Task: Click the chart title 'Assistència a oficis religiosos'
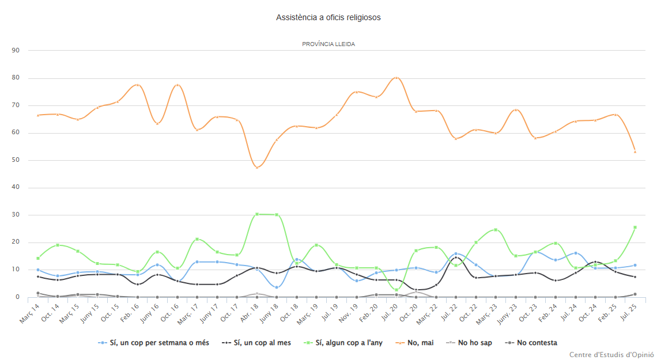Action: coord(328,17)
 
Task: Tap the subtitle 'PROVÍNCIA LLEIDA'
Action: coord(328,44)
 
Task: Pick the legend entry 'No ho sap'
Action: coord(475,343)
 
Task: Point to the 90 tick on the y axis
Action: coord(16,50)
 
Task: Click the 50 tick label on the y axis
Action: coord(16,160)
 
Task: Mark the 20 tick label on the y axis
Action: coord(16,242)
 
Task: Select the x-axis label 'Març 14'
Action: coord(29,312)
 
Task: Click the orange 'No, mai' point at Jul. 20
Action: coord(397,77)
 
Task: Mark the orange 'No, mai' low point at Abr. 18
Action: coord(257,167)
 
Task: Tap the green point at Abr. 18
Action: coord(257,214)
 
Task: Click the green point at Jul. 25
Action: coord(635,228)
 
